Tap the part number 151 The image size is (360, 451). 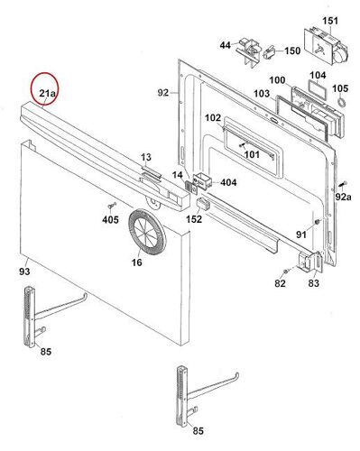329,20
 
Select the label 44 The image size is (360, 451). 225,44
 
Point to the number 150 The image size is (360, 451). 293,51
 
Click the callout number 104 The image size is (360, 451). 318,76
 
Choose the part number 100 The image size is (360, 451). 277,81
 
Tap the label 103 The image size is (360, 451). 261,93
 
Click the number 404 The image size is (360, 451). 228,182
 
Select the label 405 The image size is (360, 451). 110,219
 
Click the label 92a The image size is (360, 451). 342,196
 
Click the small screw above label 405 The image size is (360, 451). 110,207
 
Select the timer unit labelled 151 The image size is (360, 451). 320,44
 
